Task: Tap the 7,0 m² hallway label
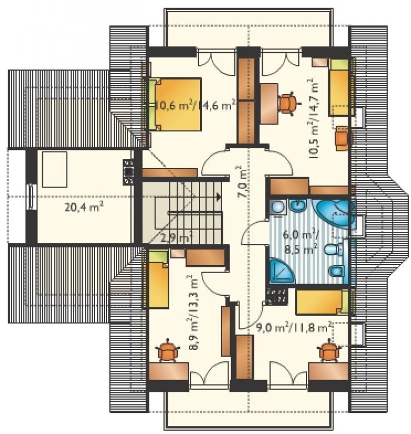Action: click(x=242, y=182)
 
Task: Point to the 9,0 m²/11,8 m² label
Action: click(x=293, y=328)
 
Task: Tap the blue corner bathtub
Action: click(x=334, y=213)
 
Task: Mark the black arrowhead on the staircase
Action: click(x=219, y=197)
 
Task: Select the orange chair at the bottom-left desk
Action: click(x=167, y=351)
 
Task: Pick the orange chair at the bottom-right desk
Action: click(x=329, y=351)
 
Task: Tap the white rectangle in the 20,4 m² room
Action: click(x=55, y=169)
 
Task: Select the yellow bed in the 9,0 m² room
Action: click(x=322, y=302)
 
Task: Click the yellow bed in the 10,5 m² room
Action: click(x=341, y=87)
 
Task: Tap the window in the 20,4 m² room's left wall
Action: click(x=32, y=197)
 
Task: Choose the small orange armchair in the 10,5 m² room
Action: click(x=343, y=138)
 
